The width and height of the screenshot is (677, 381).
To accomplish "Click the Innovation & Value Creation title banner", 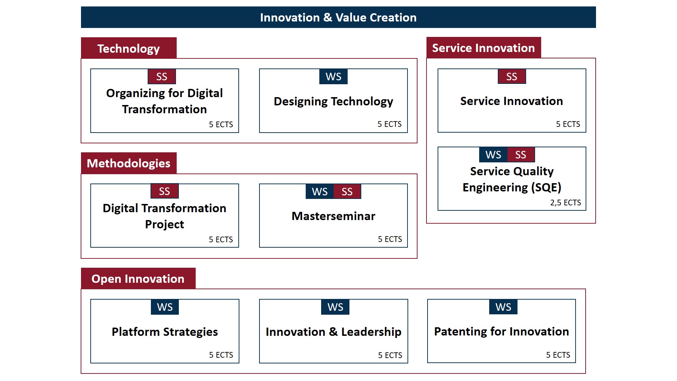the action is [338, 17].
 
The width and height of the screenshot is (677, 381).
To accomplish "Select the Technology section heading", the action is [129, 48].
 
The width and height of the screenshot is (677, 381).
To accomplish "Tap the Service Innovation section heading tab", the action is [483, 48].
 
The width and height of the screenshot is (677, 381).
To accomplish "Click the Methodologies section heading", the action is [129, 163].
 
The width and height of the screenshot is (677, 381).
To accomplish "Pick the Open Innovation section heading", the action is [138, 278].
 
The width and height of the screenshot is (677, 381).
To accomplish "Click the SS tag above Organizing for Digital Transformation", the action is [162, 76].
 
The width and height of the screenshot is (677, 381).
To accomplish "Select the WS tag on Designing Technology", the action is [333, 76].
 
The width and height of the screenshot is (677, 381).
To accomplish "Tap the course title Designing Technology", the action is [333, 101].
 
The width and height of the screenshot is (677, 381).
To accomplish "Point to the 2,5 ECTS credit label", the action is [566, 203].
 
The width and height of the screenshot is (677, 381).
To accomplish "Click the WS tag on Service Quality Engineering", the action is [493, 154].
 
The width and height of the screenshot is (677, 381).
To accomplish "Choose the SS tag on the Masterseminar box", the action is [347, 191].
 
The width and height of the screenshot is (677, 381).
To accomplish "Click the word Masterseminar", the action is [333, 216].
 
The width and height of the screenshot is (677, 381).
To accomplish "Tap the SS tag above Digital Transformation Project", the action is [165, 191].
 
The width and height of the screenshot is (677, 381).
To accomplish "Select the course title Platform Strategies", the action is [165, 332].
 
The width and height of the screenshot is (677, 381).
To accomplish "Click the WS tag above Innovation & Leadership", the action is [335, 307].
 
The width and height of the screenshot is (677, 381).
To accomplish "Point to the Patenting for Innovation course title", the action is [501, 332].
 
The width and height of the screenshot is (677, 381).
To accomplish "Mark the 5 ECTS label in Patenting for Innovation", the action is [558, 355].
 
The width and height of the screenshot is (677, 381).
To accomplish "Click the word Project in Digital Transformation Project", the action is [165, 224].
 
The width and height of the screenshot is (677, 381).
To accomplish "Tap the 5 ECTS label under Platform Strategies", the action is [221, 355].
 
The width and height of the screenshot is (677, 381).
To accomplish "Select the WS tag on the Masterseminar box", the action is [320, 191].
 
